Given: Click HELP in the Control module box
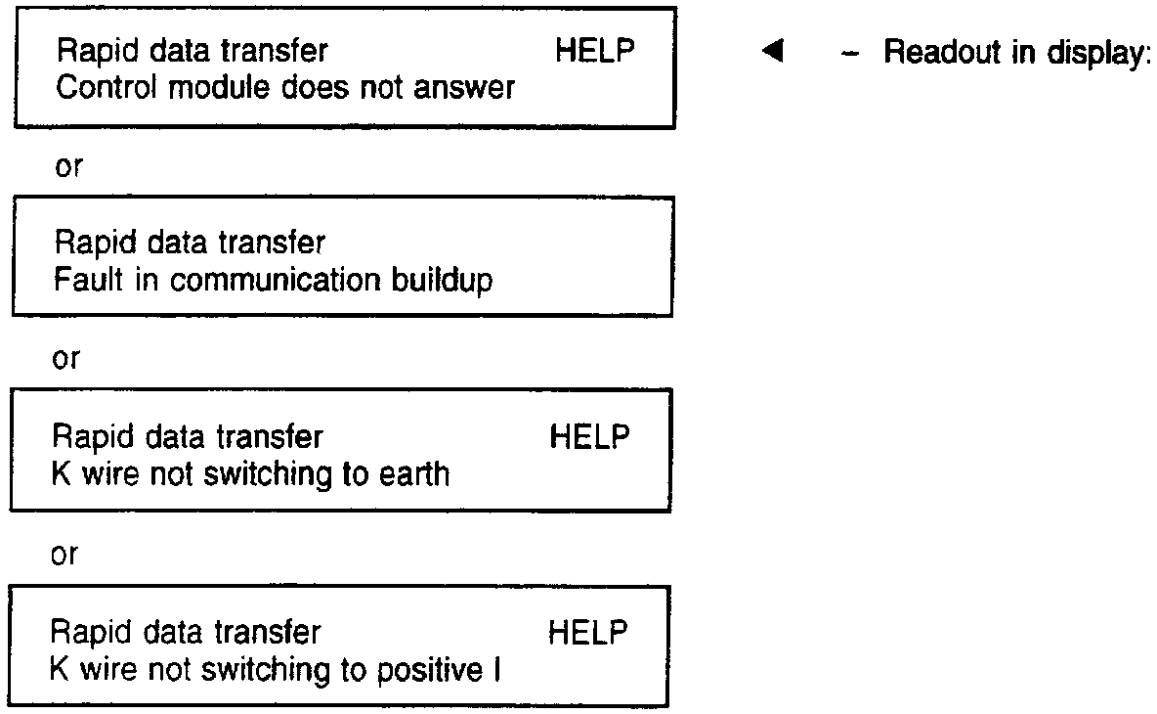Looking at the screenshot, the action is [x=594, y=52].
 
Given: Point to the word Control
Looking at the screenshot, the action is [x=99, y=88].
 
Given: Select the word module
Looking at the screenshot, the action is [x=202, y=88].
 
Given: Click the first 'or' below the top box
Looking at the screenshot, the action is [x=68, y=166].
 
